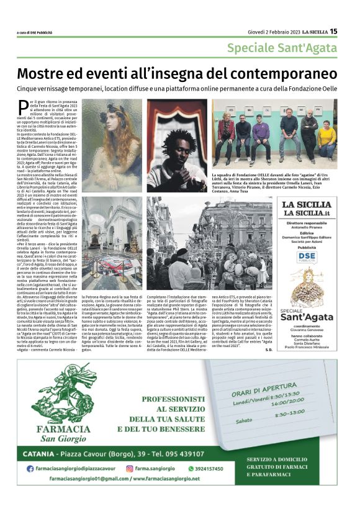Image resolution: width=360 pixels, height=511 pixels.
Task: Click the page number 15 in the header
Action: click(x=351, y=31)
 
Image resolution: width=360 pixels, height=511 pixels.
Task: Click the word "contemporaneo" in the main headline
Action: click(x=292, y=74)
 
